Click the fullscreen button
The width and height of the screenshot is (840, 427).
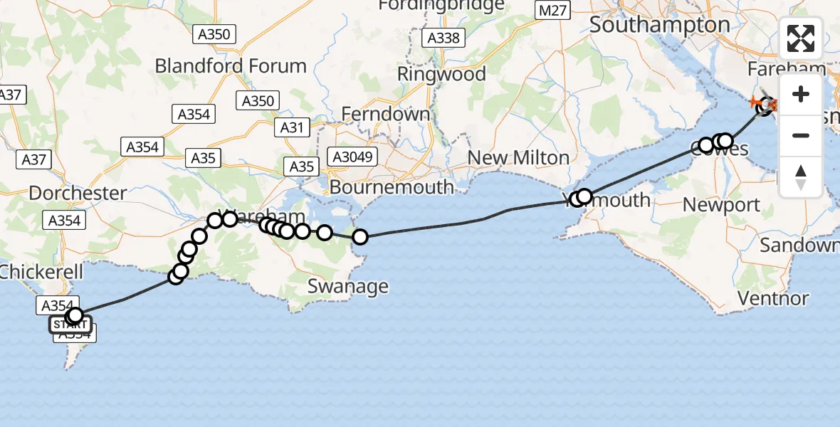(801, 38)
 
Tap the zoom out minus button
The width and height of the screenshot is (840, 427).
(801, 135)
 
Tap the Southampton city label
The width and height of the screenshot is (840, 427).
(660, 26)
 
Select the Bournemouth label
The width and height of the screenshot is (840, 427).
(392, 187)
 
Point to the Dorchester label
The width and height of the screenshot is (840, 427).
(78, 193)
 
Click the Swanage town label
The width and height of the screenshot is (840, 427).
(348, 286)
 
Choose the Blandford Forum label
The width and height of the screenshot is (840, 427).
(231, 66)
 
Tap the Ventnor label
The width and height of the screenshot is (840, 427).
(773, 298)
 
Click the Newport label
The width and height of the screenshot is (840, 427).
(721, 205)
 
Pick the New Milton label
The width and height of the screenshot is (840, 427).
(518, 158)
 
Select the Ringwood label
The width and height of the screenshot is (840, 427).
(441, 74)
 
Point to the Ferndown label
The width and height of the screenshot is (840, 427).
(386, 114)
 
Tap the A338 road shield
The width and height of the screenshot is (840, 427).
(443, 38)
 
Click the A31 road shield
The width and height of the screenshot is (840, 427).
(292, 128)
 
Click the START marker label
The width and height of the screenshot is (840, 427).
(70, 325)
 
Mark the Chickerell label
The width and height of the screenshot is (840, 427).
(41, 272)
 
